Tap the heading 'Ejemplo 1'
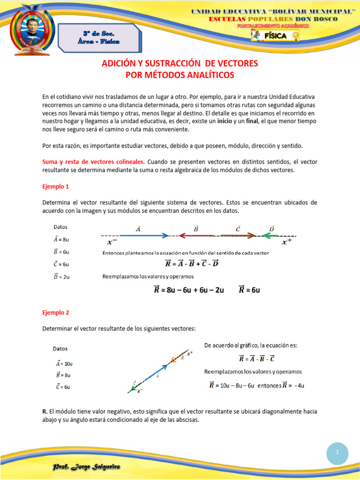(56, 186)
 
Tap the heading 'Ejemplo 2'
(56, 312)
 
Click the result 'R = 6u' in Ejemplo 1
(249, 290)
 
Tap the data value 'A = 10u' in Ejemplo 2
(63, 363)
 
